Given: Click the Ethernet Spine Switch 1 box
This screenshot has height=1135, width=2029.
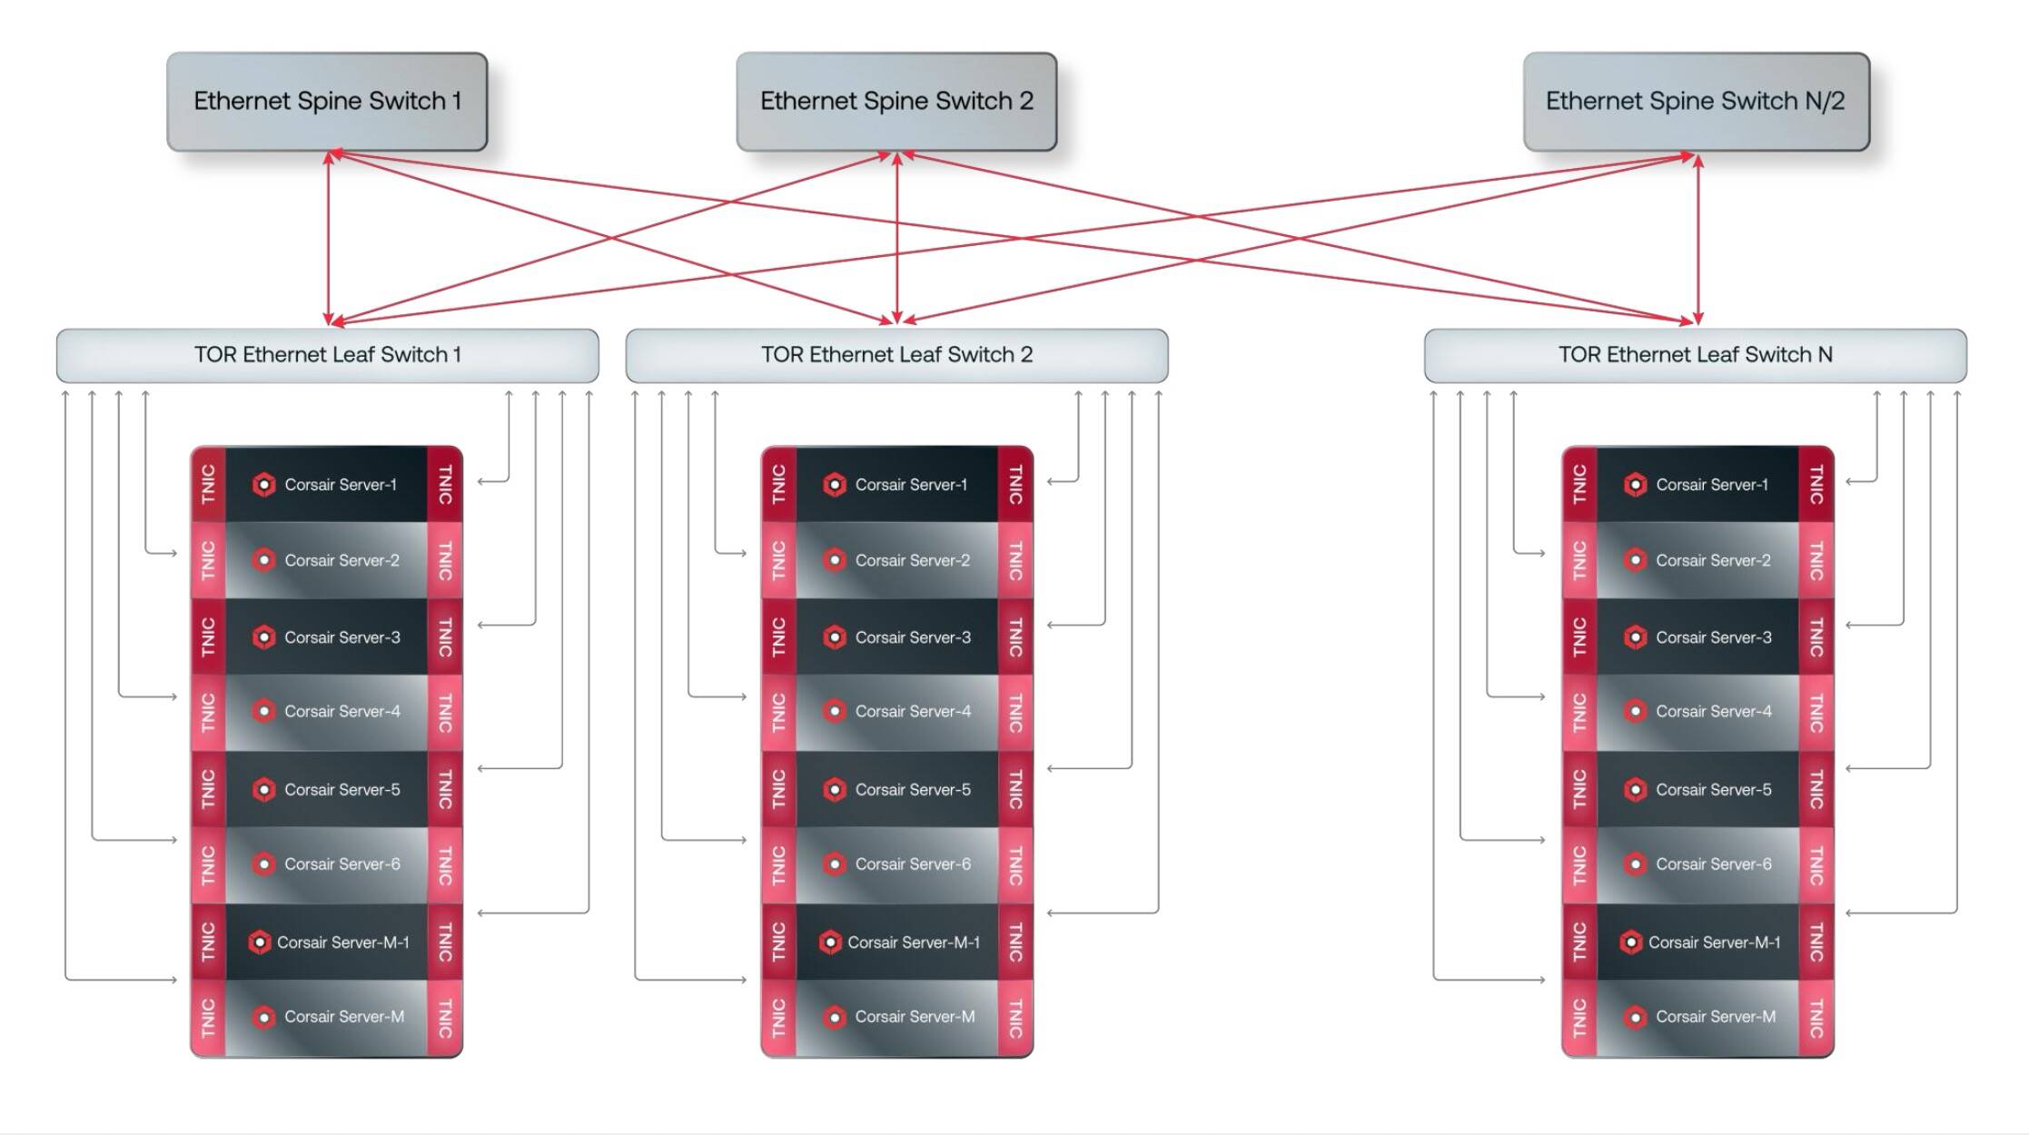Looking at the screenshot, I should (327, 101).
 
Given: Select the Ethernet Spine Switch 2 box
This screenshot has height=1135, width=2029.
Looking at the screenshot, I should (896, 101).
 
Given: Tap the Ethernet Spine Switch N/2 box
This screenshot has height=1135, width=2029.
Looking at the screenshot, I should (1696, 101).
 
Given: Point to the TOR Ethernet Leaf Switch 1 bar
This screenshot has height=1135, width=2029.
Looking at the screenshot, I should (327, 355).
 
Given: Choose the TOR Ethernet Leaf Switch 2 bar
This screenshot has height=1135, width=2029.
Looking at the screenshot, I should (896, 355).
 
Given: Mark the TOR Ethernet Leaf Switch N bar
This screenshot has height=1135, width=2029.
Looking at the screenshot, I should (1695, 355).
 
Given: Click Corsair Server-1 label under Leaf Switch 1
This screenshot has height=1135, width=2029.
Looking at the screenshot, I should (341, 485).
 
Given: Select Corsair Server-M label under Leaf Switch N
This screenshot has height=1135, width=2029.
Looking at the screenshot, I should (1715, 1017).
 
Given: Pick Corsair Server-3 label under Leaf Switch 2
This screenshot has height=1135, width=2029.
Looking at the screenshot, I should (912, 637).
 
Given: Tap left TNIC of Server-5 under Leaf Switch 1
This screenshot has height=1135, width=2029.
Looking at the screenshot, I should (209, 789).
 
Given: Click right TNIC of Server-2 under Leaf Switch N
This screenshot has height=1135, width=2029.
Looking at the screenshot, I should (1816, 560).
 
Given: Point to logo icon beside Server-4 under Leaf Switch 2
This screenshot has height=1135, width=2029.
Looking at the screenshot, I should (835, 711).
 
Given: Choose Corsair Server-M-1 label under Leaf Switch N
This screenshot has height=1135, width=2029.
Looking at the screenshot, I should (1714, 943).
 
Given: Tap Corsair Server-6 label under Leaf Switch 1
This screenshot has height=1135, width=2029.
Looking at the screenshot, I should (341, 864).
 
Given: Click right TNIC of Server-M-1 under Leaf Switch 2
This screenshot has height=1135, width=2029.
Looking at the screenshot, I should (1015, 942).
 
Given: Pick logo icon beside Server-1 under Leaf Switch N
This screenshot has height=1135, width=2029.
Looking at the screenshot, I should (1636, 485).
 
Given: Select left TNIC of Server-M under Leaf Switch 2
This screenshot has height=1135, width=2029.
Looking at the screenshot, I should (779, 1018).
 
